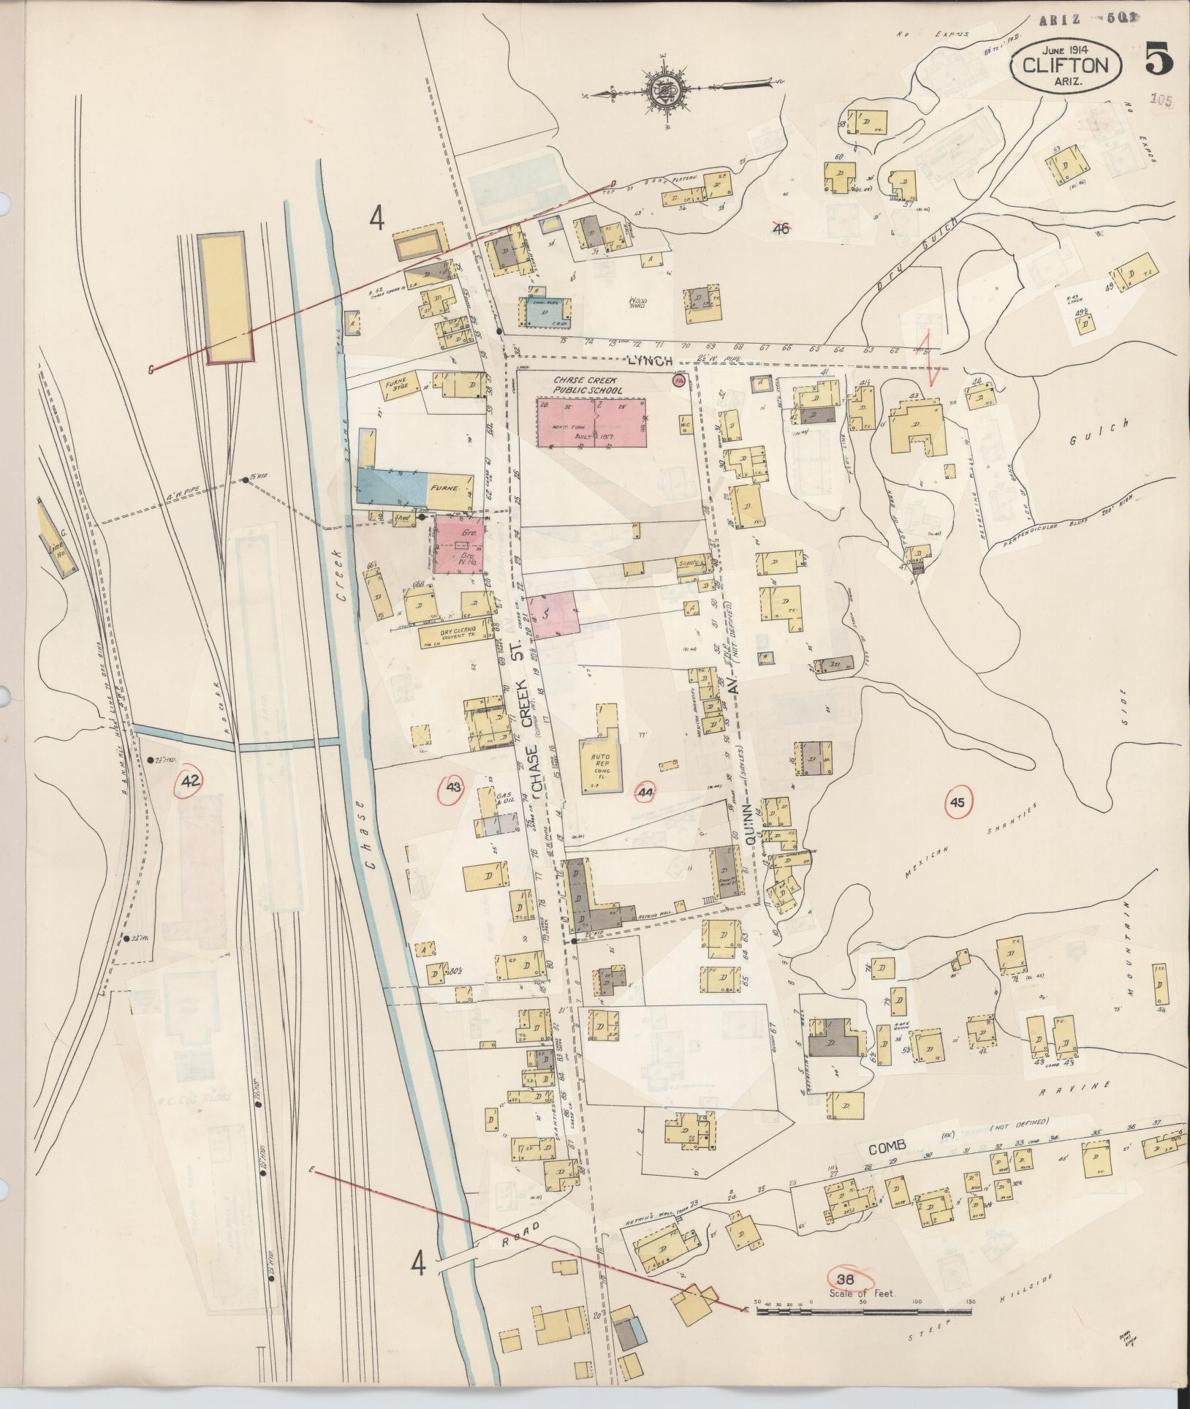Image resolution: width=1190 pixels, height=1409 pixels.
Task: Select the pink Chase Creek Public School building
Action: [591, 423]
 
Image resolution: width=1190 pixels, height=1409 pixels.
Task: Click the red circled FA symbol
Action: [679, 381]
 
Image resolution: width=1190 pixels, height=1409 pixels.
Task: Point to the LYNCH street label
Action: [648, 360]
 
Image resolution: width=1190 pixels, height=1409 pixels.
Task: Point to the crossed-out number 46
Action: [781, 229]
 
